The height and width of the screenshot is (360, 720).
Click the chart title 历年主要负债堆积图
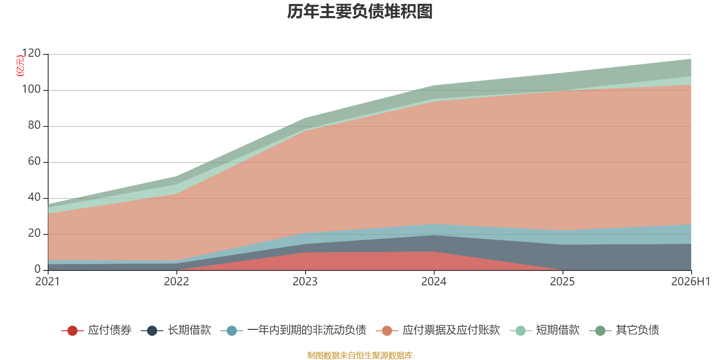pyautogui.click(x=360, y=12)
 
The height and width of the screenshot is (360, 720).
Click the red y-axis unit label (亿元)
pyautogui.click(x=20, y=66)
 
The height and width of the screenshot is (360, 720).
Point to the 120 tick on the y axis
pyautogui.click(x=31, y=53)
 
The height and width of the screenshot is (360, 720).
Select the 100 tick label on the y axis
pyautogui.click(x=31, y=89)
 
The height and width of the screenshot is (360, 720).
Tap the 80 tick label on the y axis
pyautogui.click(x=34, y=125)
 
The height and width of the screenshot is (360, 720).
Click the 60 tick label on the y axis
pyautogui.click(x=34, y=161)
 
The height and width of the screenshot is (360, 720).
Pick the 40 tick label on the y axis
pyautogui.click(x=34, y=197)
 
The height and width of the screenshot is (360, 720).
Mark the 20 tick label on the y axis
pyautogui.click(x=34, y=233)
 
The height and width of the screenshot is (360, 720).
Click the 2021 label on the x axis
pyautogui.click(x=48, y=282)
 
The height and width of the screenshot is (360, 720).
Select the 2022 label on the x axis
pyautogui.click(x=176, y=282)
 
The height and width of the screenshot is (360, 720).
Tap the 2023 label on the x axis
pyautogui.click(x=305, y=282)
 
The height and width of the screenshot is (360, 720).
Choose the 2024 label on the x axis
pyautogui.click(x=434, y=282)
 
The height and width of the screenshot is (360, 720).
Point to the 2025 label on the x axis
pyautogui.click(x=562, y=282)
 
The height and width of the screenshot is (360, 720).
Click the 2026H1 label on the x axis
pyautogui.click(x=691, y=282)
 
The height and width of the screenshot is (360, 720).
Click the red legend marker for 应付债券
pyautogui.click(x=72, y=330)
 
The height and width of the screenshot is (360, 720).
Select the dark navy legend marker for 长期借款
pyautogui.click(x=152, y=330)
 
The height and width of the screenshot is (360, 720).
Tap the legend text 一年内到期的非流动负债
pyautogui.click(x=307, y=330)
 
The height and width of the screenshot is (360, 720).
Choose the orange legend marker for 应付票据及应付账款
pyautogui.click(x=387, y=330)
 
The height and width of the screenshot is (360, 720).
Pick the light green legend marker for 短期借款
pyautogui.click(x=520, y=330)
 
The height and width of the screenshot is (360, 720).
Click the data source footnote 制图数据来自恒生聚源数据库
pyautogui.click(x=360, y=355)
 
